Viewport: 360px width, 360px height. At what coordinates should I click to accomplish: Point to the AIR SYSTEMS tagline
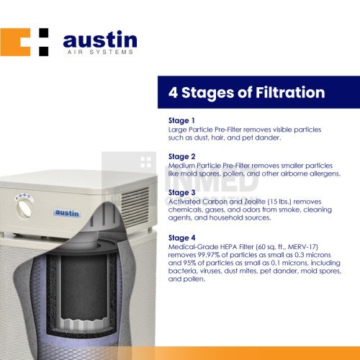tap(100, 52)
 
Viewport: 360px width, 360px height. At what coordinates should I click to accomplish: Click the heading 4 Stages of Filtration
tap(246, 93)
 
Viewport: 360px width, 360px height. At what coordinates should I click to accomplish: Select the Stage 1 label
tap(181, 120)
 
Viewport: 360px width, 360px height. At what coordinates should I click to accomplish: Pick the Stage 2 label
tap(181, 156)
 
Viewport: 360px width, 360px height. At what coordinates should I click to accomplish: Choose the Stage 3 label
tap(181, 192)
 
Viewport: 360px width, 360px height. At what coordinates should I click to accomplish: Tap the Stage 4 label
tap(181, 238)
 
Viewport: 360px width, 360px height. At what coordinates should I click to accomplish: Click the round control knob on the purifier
tap(24, 208)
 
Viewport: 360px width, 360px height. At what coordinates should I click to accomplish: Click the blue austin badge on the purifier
tap(67, 213)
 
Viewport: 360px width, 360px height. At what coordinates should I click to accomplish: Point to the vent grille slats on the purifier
tap(135, 208)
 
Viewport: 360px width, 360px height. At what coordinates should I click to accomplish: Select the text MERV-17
tap(302, 247)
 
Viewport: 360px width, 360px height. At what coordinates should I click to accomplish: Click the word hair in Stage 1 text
tap(218, 138)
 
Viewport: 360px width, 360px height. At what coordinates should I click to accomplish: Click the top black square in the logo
tap(44, 32)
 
